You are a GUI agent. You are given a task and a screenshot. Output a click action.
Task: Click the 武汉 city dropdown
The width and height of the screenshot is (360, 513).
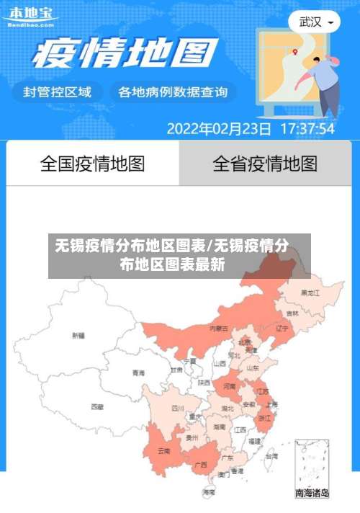[x=315, y=22]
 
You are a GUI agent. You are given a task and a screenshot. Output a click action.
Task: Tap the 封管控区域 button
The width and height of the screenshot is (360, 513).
[x=57, y=92]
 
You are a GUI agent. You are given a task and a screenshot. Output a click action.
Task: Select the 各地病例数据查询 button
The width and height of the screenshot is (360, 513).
[x=173, y=92]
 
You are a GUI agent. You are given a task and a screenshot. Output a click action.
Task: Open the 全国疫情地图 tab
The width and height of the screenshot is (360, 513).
[x=92, y=164]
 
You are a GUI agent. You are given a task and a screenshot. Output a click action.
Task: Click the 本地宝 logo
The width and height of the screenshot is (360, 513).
[x=30, y=15]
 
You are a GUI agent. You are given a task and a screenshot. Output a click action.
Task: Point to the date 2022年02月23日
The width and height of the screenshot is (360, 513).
[x=219, y=129]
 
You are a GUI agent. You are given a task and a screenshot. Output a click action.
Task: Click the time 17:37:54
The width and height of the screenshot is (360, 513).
[x=307, y=129]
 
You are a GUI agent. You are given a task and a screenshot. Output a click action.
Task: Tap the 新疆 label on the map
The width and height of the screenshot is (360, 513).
[x=78, y=335]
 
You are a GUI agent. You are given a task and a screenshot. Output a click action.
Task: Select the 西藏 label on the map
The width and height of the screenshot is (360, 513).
[x=97, y=406]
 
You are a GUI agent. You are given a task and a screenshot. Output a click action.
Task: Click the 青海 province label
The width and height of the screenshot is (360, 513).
[x=138, y=373]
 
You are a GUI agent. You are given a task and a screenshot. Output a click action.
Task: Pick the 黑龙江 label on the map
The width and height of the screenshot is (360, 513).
[x=311, y=293]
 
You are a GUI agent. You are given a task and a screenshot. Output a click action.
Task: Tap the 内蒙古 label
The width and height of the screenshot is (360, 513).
[x=219, y=328]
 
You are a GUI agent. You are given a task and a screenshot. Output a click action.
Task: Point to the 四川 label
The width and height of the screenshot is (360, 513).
[x=178, y=408]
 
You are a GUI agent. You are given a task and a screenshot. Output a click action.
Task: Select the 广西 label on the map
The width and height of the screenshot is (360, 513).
[x=201, y=465]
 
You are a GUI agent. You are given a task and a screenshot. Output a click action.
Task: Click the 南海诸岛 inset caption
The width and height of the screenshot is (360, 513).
[x=312, y=494]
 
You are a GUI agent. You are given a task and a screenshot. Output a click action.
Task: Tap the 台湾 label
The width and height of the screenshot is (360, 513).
[x=271, y=456]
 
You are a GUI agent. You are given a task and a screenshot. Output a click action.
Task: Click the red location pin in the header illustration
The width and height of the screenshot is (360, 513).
[x=295, y=52]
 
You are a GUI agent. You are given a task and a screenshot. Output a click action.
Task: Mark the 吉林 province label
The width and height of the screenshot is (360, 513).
[x=292, y=313]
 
